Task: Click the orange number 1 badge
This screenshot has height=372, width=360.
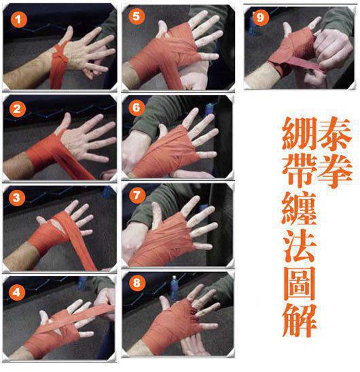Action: coord(18,19)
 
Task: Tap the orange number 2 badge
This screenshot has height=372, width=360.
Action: coord(18,107)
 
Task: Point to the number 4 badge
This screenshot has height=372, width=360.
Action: coord(18,291)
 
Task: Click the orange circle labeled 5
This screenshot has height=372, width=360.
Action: coord(137,16)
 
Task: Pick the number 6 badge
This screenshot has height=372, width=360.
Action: coord(137,108)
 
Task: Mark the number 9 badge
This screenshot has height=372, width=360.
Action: coord(259,17)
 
